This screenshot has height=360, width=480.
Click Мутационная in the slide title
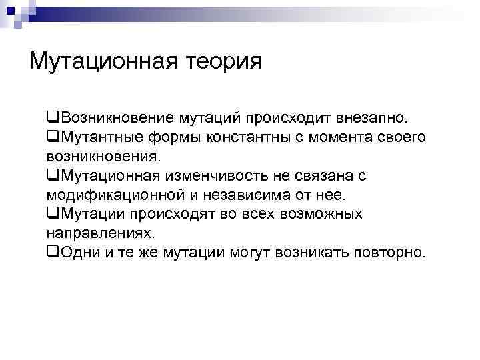103,62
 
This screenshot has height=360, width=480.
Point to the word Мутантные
96,137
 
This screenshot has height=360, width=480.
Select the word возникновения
103,157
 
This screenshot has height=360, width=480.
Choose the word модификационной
123,195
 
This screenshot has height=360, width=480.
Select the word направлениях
100,234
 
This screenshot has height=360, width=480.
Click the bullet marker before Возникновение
51,118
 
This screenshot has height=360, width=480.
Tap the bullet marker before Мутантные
51,137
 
